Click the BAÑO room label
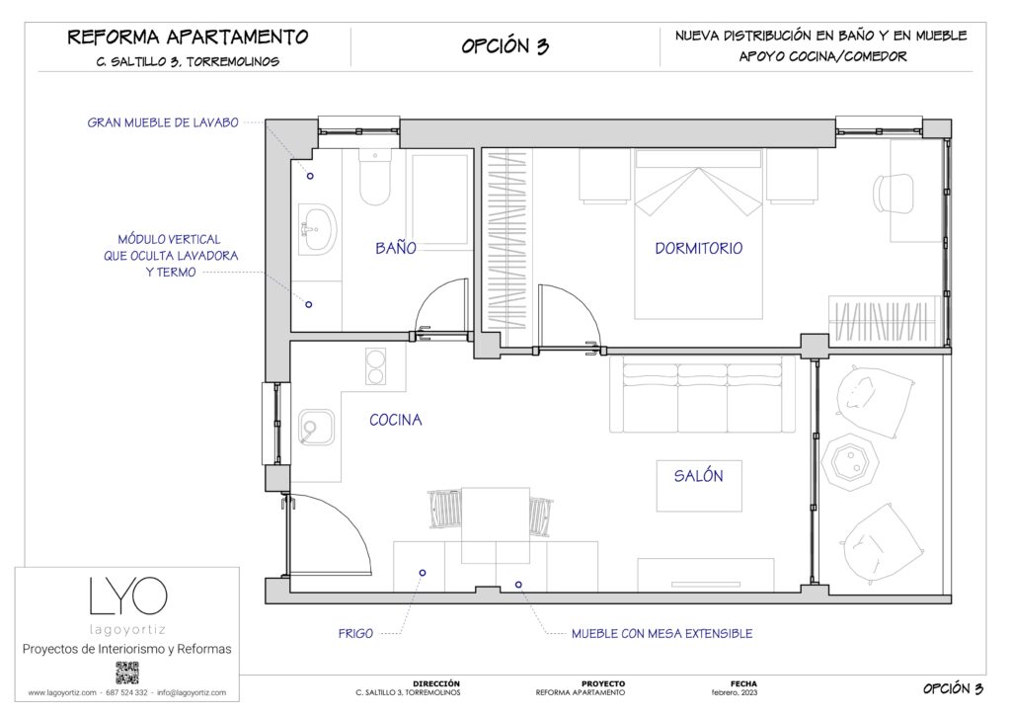[395, 248]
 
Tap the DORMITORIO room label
[698, 248]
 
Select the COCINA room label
[395, 420]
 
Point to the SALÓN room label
[698, 476]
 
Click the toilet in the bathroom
[374, 178]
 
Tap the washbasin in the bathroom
[317, 229]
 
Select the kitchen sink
[316, 429]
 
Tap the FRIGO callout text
[356, 633]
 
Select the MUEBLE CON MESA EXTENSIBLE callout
[661, 633]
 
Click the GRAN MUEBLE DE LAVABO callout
[163, 123]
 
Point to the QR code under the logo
[126, 673]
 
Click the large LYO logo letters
[127, 596]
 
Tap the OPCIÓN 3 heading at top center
[505, 46]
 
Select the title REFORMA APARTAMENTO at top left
[188, 38]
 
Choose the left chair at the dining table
[444, 511]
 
